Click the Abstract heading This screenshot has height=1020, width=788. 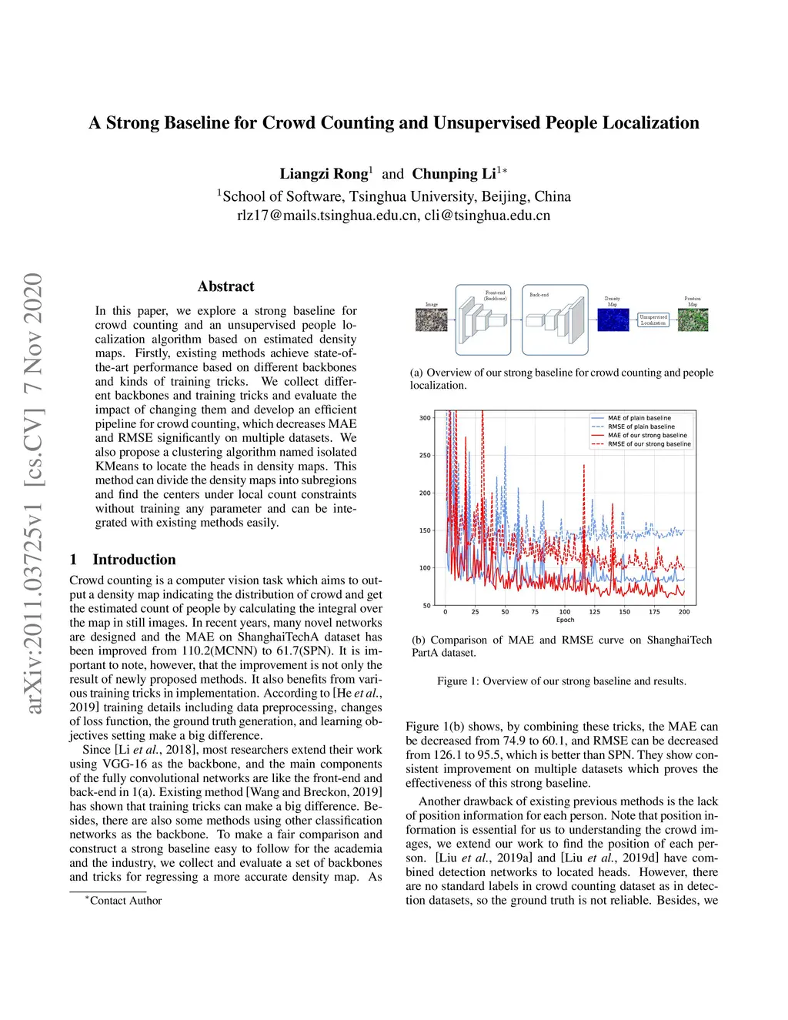pyautogui.click(x=225, y=286)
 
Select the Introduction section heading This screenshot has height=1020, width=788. pyautogui.click(x=134, y=560)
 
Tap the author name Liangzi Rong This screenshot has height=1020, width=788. pyautogui.click(x=323, y=174)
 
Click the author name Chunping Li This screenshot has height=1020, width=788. pyautogui.click(x=454, y=174)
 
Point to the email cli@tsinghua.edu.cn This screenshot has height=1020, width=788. pyautogui.click(x=487, y=216)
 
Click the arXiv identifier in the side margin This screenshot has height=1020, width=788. pyautogui.click(x=34, y=493)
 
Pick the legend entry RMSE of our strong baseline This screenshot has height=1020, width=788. pyautogui.click(x=649, y=444)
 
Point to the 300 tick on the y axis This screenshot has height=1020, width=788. pyautogui.click(x=425, y=418)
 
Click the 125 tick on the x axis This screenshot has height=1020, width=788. pyautogui.click(x=595, y=612)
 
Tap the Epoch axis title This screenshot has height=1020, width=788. pyautogui.click(x=565, y=620)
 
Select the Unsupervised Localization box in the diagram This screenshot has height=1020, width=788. pyautogui.click(x=653, y=319)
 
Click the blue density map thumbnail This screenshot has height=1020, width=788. pyautogui.click(x=613, y=319)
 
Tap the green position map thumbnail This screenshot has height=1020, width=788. pyautogui.click(x=693, y=319)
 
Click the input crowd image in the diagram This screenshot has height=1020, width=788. pyautogui.click(x=431, y=319)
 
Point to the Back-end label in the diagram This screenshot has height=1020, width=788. pyautogui.click(x=539, y=295)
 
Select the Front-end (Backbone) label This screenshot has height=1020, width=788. pyautogui.click(x=495, y=296)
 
